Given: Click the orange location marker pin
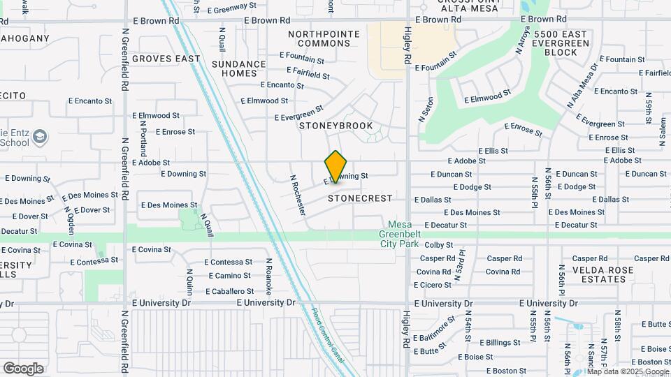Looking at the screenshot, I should click(x=335, y=167).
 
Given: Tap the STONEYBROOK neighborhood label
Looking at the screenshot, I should click(x=335, y=126).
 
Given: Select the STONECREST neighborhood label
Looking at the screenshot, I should click(x=360, y=198).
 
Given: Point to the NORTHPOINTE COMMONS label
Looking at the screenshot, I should click(x=324, y=38).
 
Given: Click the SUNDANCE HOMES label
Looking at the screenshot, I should click(x=239, y=68).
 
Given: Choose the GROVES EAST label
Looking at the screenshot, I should click(x=166, y=59).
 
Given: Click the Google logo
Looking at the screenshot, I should click(x=23, y=369).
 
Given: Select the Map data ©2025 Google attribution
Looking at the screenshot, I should click(x=627, y=371).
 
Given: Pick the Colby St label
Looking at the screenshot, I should click(x=439, y=245).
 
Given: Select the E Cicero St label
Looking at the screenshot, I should click(x=433, y=285).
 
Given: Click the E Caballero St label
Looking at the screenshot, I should click(x=229, y=291).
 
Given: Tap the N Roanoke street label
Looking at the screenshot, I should click(x=268, y=276).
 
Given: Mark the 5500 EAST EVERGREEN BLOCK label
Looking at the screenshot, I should click(x=561, y=43).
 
